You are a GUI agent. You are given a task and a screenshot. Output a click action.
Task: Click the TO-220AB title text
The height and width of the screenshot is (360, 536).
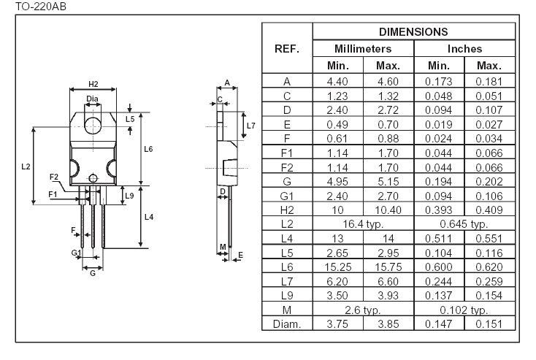(41, 6)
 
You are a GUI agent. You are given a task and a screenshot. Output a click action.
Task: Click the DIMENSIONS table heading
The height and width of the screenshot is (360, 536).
(413, 32)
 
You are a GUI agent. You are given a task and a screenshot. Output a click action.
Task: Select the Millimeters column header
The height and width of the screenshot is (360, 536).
(363, 48)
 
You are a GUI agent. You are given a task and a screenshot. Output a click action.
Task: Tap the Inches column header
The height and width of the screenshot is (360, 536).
(464, 48)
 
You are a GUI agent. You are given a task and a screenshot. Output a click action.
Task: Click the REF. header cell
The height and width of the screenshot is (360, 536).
(287, 48)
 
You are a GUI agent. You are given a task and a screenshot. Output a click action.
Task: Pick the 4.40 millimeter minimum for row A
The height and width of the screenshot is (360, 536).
(337, 81)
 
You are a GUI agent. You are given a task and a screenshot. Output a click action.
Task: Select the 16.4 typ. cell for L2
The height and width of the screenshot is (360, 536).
(363, 224)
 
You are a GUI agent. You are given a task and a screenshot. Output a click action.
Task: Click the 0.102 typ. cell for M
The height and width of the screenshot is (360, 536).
(464, 310)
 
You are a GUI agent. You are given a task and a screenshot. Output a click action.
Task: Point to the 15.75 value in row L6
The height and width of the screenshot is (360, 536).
(388, 267)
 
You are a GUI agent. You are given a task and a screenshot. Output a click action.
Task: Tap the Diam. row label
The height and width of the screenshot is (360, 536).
(287, 323)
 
